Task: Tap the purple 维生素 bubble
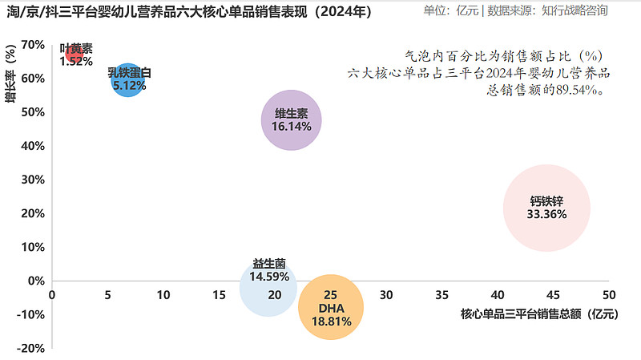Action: [x=292, y=121]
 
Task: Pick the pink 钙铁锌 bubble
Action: [x=547, y=208]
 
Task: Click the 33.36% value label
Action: [x=547, y=214]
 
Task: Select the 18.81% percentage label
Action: [x=331, y=321]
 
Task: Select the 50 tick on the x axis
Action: [x=609, y=295]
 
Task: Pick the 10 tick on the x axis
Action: [x=163, y=295]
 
